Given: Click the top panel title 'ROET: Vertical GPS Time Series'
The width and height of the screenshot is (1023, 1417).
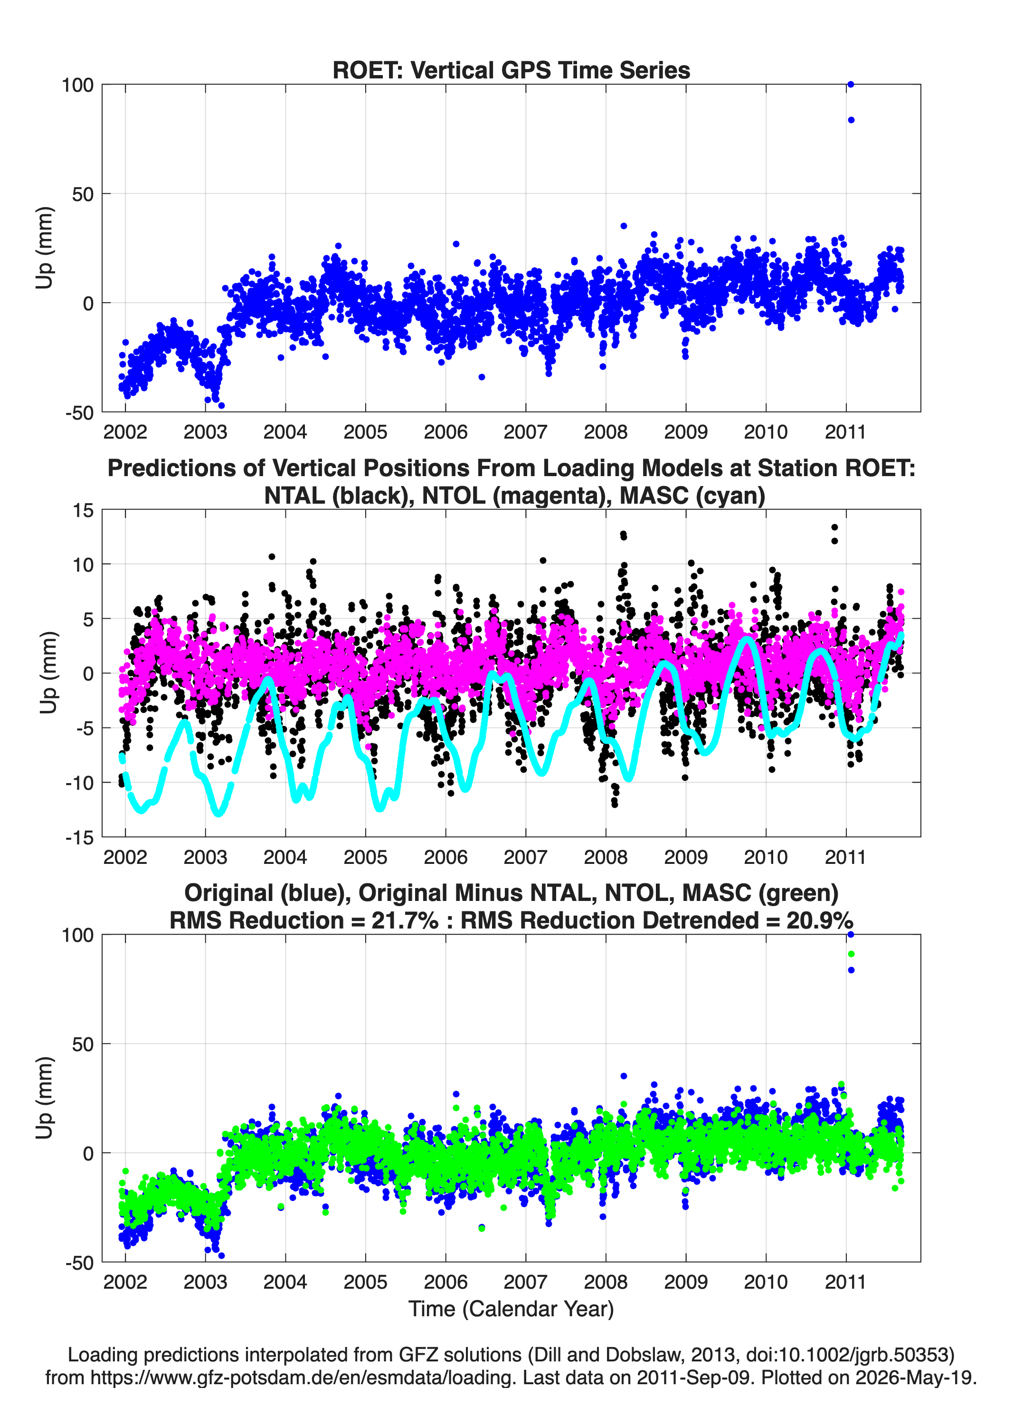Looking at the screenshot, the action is [x=511, y=70].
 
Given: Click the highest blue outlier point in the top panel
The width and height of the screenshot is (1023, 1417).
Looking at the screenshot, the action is [x=850, y=85].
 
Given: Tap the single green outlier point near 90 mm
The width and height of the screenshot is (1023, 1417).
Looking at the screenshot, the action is [x=851, y=954].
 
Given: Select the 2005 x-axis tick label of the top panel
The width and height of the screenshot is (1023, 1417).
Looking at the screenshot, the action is [x=365, y=432].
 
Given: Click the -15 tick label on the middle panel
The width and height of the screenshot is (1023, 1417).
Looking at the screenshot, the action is [x=79, y=837].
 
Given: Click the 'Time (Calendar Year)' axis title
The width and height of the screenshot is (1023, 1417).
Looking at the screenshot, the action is [x=511, y=1309].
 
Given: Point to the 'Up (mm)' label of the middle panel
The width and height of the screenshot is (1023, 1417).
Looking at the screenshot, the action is [x=48, y=672].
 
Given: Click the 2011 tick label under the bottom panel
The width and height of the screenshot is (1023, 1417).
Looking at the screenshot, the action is [x=846, y=1282].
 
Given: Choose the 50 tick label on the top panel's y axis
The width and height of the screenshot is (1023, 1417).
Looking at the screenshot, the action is [x=83, y=194].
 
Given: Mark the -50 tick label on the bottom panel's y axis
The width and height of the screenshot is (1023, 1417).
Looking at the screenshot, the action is [x=79, y=1263].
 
